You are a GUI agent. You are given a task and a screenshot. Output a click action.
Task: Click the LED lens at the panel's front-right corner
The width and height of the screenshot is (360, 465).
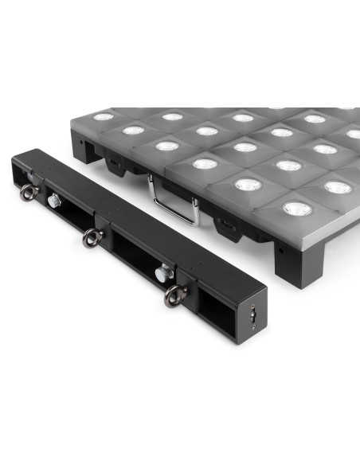tap(297, 209)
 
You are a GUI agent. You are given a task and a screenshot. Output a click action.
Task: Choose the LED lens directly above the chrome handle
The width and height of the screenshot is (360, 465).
tap(205, 164)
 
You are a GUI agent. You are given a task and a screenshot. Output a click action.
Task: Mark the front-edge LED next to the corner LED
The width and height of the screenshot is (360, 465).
tap(248, 185)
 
